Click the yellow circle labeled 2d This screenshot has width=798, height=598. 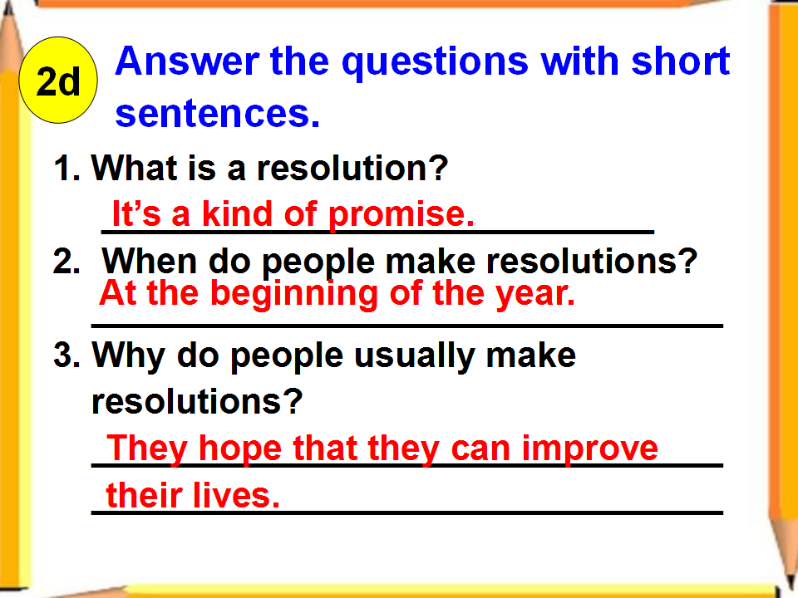(x=58, y=80)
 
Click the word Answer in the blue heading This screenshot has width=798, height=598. (x=187, y=61)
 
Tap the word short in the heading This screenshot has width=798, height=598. (x=681, y=61)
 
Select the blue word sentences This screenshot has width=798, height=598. (x=217, y=113)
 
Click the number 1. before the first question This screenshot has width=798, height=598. (x=66, y=168)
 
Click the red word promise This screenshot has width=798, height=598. (x=401, y=214)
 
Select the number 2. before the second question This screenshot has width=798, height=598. (x=66, y=262)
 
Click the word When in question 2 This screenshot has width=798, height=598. (x=149, y=261)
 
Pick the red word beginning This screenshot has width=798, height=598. (x=294, y=295)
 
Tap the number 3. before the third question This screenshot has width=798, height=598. (x=66, y=355)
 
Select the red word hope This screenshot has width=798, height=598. (x=239, y=449)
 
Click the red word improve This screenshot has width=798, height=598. (x=590, y=449)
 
